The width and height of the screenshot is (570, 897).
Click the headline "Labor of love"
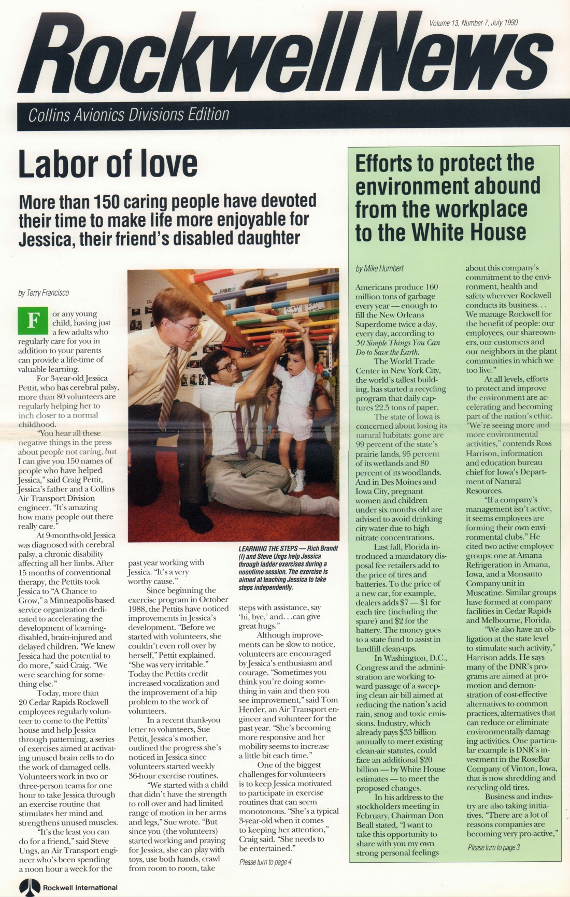click(x=108, y=164)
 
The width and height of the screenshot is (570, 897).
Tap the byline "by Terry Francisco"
click(x=44, y=293)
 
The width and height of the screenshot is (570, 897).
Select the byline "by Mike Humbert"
click(x=379, y=268)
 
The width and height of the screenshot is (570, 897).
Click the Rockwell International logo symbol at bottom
click(x=30, y=887)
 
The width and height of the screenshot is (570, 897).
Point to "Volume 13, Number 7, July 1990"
click(x=473, y=23)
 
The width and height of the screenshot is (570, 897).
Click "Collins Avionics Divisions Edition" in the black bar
click(x=129, y=114)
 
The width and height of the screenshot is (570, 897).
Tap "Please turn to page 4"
click(x=265, y=862)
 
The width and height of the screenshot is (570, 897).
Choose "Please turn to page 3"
click(x=493, y=847)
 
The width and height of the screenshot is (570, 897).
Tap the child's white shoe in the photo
click(x=300, y=482)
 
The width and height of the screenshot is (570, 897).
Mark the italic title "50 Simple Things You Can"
click(x=398, y=343)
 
